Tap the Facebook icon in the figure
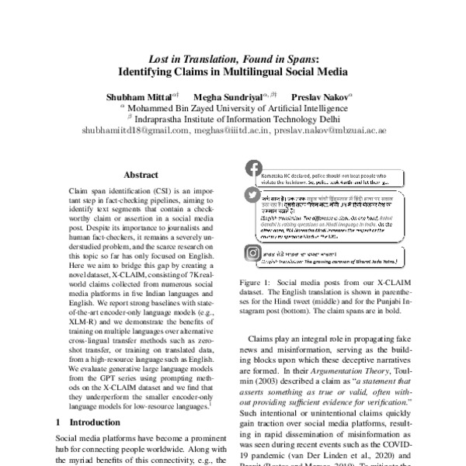253,169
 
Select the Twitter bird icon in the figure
253,196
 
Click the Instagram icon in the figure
253,253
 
